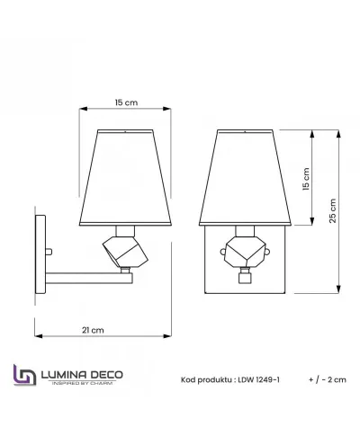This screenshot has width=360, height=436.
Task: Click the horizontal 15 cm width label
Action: tap(125, 102)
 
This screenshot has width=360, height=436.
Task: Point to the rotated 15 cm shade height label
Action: tap(305, 181)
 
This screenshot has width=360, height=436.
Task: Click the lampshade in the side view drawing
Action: tap(125, 177)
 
